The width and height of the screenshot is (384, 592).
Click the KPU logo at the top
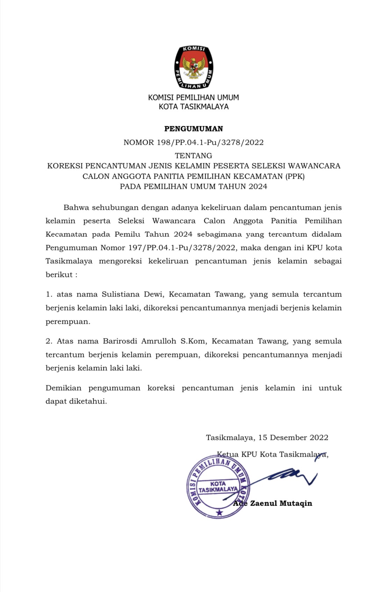[x=193, y=67]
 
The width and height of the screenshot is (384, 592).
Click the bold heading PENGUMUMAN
[x=193, y=129]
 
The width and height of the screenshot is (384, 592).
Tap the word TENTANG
[x=193, y=156]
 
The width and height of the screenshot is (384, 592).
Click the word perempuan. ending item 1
[x=68, y=322]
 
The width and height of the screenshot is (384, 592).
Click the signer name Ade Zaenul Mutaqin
[x=273, y=504]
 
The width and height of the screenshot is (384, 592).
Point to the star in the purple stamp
[x=219, y=513]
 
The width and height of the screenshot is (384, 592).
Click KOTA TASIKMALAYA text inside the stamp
[x=218, y=487]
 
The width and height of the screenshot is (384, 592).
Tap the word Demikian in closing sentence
[x=63, y=388]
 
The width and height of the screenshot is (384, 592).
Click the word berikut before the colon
[x=59, y=275]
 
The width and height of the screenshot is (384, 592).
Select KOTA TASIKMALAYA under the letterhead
[x=193, y=107]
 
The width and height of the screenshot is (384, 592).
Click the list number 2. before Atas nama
[x=49, y=341]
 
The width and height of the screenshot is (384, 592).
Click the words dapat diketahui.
[x=76, y=401]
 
